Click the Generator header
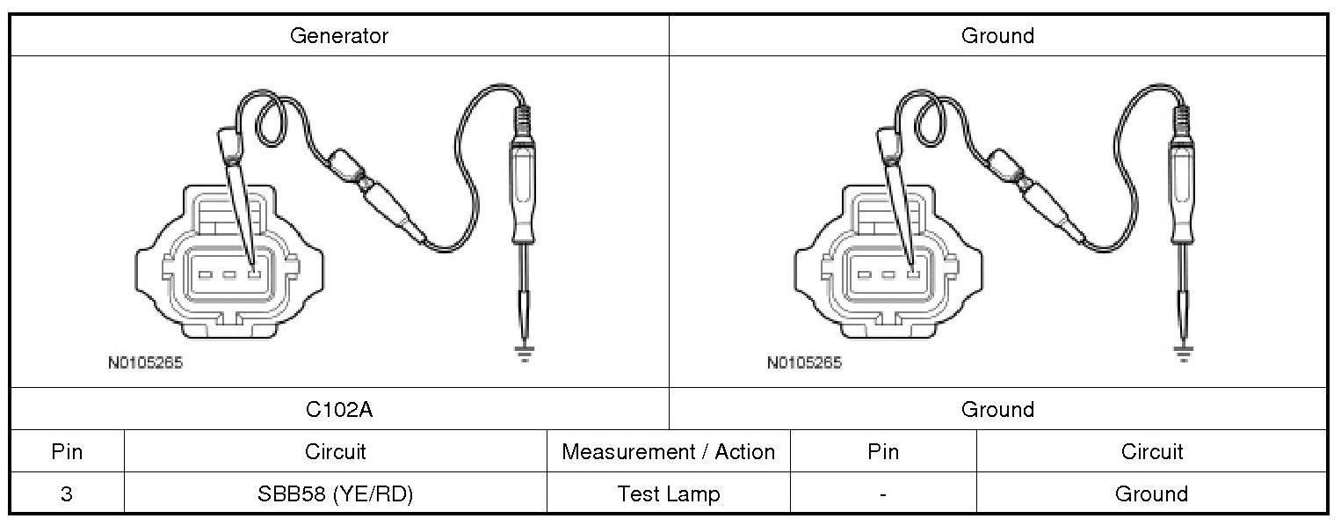[x=339, y=36]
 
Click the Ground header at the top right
[x=997, y=36]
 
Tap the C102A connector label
[x=339, y=409]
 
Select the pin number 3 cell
[x=67, y=493]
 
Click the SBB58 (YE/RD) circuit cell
[x=335, y=493]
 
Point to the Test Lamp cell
[x=668, y=493]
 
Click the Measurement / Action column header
[x=668, y=452]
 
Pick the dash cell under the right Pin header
[x=882, y=493]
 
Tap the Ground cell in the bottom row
[x=1151, y=493]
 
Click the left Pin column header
[x=67, y=452]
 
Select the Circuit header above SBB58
[x=335, y=452]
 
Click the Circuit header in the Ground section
[x=1151, y=452]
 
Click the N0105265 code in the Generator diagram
[x=145, y=362]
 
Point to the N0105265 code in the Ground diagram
[x=804, y=362]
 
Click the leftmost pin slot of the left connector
[x=205, y=274]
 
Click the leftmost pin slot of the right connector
[x=864, y=274]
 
